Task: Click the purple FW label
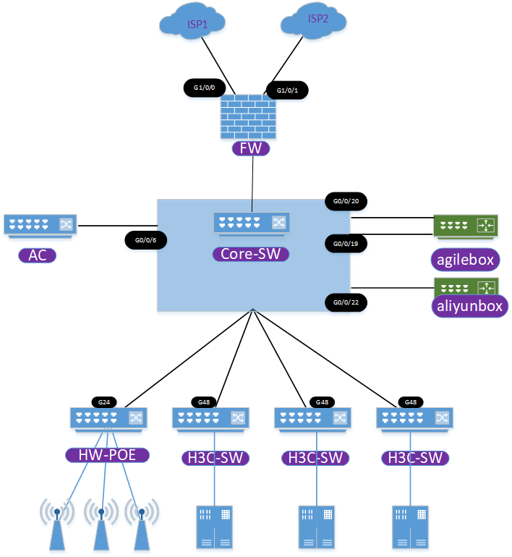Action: pos(251,150)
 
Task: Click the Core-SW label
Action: pos(251,255)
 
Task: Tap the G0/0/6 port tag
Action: pos(145,240)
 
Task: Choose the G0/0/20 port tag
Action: pos(346,200)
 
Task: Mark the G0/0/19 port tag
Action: pos(346,244)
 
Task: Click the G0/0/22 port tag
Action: pos(346,302)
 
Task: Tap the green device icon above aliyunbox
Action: pos(466,284)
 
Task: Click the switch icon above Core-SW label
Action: pos(251,224)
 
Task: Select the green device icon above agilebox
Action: pos(466,226)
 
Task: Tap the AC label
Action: pos(37,255)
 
